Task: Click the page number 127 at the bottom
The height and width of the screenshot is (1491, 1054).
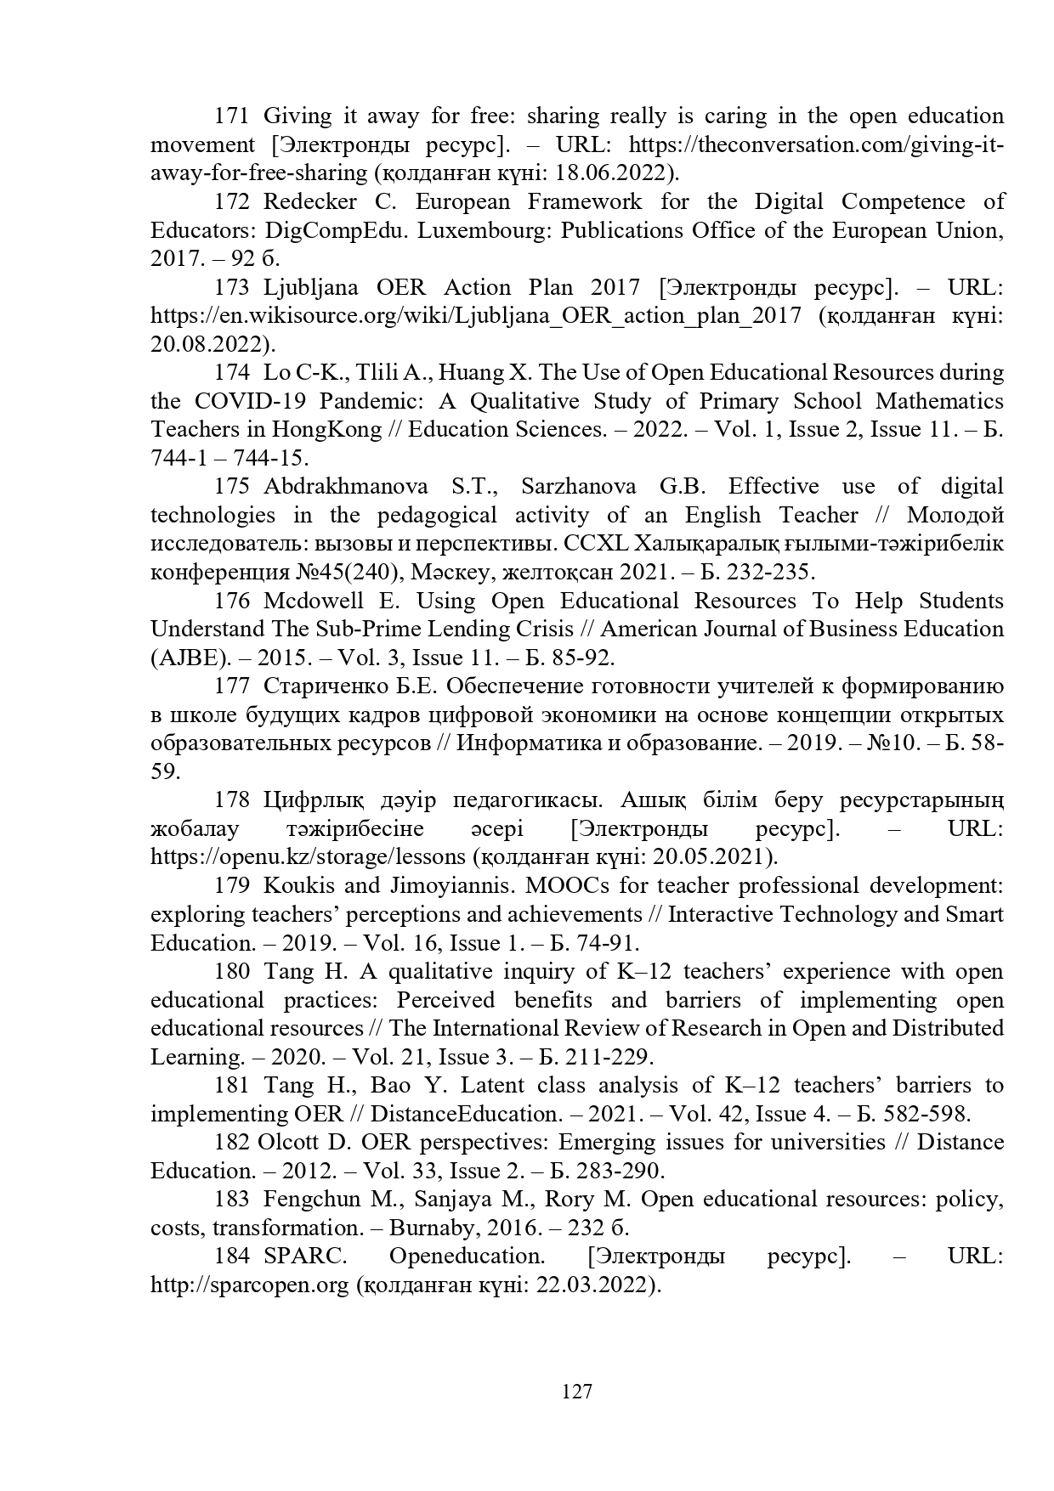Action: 577,1392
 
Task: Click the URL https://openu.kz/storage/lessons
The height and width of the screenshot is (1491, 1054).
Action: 308,856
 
